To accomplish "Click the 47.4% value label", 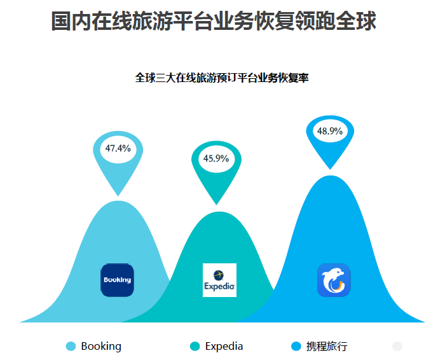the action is (x=118, y=148).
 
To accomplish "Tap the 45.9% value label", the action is (x=216, y=158).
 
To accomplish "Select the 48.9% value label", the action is (x=330, y=131).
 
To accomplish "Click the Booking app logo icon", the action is (x=118, y=280).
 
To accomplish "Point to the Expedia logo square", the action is (x=219, y=280).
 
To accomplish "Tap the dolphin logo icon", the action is (x=334, y=280).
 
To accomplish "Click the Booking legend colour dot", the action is (x=71, y=346).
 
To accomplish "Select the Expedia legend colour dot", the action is (x=195, y=346).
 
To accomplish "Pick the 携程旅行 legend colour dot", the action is (x=296, y=346).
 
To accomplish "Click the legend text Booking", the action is (x=101, y=347).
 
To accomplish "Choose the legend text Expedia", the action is (x=224, y=347).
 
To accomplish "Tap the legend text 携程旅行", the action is (x=327, y=347).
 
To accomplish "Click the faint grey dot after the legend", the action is (x=397, y=346).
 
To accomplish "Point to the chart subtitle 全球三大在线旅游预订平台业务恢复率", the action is (x=222, y=78).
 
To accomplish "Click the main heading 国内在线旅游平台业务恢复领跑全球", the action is (x=214, y=21).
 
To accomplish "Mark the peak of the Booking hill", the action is (x=118, y=201).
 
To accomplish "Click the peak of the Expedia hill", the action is (x=219, y=212).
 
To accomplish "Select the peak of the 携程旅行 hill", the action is (x=331, y=176).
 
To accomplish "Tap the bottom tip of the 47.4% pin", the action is (x=118, y=196).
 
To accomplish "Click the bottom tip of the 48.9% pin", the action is (x=330, y=169).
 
